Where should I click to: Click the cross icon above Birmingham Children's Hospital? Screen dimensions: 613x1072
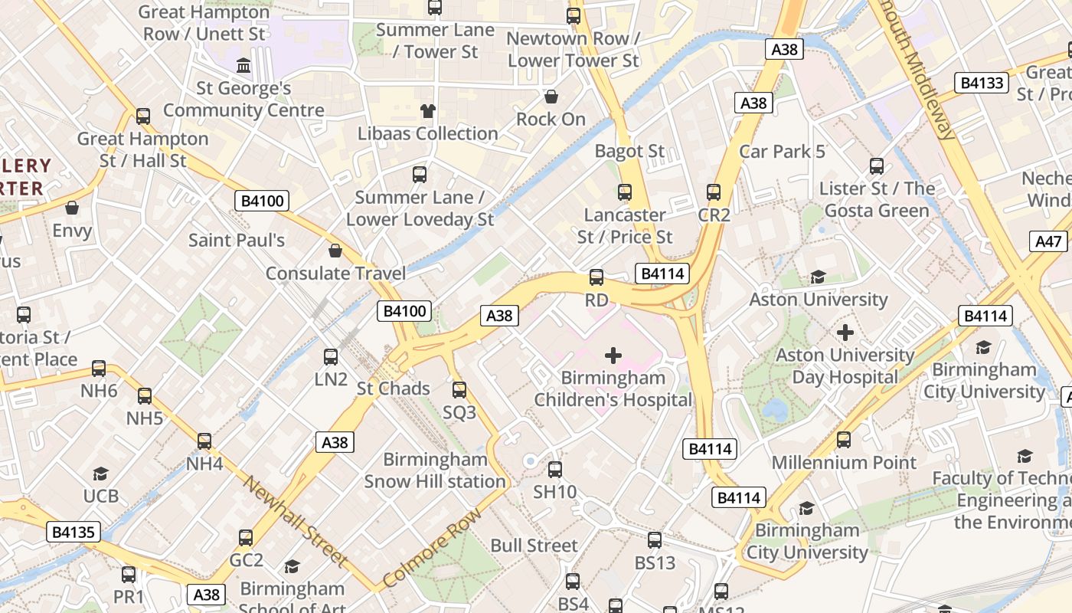(613, 356)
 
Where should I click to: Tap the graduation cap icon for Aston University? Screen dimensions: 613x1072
(818, 277)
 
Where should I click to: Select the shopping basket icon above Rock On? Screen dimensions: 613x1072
(551, 97)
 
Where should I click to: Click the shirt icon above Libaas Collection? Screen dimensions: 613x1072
(427, 111)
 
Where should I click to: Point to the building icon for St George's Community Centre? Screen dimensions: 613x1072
(243, 66)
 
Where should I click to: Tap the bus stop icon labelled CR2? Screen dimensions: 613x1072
(714, 192)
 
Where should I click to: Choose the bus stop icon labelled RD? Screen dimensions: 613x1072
(596, 277)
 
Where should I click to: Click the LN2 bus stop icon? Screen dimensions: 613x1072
(331, 357)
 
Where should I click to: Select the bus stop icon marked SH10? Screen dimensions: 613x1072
(554, 470)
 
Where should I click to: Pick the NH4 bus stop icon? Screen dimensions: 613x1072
(204, 441)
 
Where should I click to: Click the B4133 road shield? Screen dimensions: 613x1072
(982, 83)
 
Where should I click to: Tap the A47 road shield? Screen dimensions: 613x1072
(1048, 241)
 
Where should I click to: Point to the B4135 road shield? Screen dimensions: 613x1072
(74, 532)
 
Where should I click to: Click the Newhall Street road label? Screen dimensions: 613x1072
(296, 521)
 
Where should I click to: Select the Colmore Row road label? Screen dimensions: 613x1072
(433, 547)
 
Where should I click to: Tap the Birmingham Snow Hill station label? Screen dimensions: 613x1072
(435, 470)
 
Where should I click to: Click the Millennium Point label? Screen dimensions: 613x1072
(844, 462)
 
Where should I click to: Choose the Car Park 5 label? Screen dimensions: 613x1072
(782, 151)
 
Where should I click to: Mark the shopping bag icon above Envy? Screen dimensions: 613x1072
(72, 208)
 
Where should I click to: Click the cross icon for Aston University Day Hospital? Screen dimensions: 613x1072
(845, 333)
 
